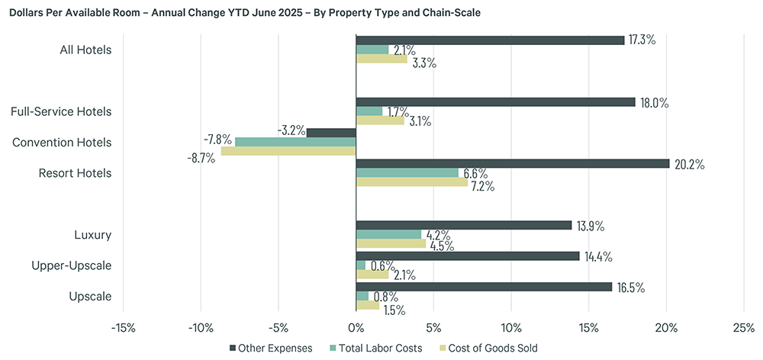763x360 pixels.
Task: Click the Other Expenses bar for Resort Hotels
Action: (x=513, y=163)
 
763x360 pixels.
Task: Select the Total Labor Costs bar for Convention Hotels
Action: (x=295, y=142)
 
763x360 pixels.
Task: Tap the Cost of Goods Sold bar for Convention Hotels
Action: (x=288, y=151)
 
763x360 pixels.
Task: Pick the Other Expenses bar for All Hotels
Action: (x=490, y=40)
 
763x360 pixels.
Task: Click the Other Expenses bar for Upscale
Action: (x=484, y=287)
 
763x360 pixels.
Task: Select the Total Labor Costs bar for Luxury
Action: (x=388, y=234)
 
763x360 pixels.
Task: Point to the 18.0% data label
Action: (x=654, y=102)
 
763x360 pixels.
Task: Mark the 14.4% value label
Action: (x=597, y=256)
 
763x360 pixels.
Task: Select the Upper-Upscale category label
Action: (x=73, y=265)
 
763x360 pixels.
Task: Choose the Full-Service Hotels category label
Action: (x=61, y=111)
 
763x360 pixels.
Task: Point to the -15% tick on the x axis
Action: (x=124, y=328)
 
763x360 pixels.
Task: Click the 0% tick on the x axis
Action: (x=356, y=328)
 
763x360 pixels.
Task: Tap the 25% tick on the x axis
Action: (x=743, y=328)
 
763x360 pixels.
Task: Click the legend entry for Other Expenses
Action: (x=272, y=348)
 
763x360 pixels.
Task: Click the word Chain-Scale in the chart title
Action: (x=452, y=14)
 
